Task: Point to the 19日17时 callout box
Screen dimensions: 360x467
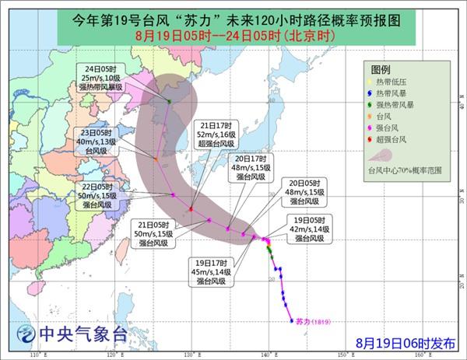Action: (209, 274)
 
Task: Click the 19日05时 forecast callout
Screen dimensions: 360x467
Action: (316, 229)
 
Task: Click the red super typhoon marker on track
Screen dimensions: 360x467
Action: (191, 209)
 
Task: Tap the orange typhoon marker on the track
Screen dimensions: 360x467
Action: (156, 159)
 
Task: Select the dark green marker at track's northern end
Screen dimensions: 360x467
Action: (170, 101)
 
